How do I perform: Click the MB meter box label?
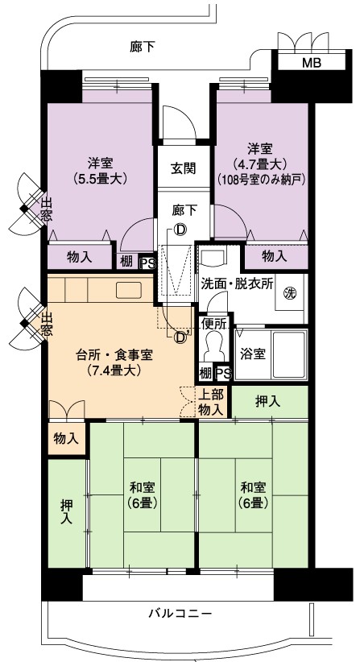pyautogui.click(x=312, y=63)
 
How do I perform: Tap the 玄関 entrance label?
pyautogui.click(x=183, y=168)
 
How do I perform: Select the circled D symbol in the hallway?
pyautogui.click(x=180, y=230)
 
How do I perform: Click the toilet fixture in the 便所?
pyautogui.click(x=213, y=344)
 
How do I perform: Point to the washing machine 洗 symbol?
pyautogui.click(x=289, y=292)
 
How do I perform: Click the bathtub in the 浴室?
pyautogui.click(x=288, y=354)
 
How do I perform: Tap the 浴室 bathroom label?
pyautogui.click(x=253, y=354)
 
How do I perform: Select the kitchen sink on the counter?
pyautogui.click(x=128, y=289)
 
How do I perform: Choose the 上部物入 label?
pyautogui.click(x=211, y=402)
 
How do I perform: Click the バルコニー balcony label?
pyautogui.click(x=180, y=613)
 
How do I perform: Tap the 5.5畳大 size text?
pyautogui.click(x=101, y=178)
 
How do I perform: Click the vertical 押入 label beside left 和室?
pyautogui.click(x=66, y=511)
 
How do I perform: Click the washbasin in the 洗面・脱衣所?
pyautogui.click(x=213, y=255)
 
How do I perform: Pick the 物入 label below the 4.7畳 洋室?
pyautogui.click(x=275, y=255)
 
